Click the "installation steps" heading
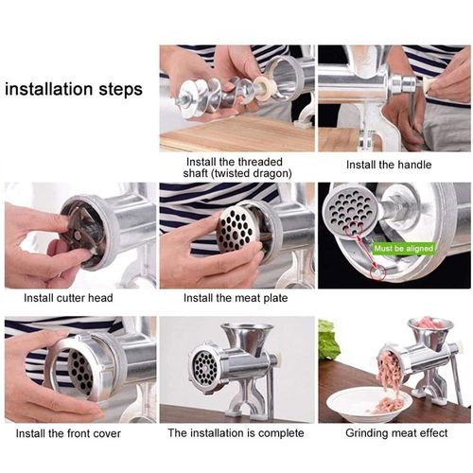tap(74, 89)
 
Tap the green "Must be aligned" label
tap(403, 249)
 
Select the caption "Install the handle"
tap(389, 165)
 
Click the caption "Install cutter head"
tap(68, 298)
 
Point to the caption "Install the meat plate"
tap(236, 298)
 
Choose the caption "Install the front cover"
tap(68, 433)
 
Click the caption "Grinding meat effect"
tap(396, 433)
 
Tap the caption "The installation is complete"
tap(236, 432)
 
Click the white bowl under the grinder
tap(369, 406)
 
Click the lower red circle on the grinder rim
tap(377, 272)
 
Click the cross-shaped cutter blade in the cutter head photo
tap(79, 234)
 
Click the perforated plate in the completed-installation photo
tap(204, 366)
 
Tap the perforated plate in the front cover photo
tap(80, 369)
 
